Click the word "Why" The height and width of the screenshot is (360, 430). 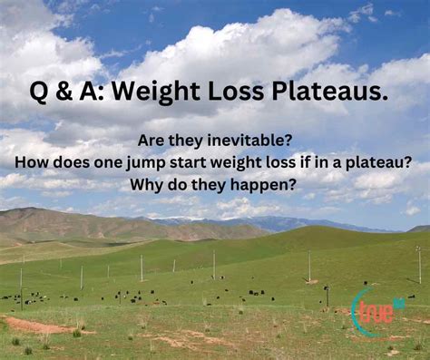148,183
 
